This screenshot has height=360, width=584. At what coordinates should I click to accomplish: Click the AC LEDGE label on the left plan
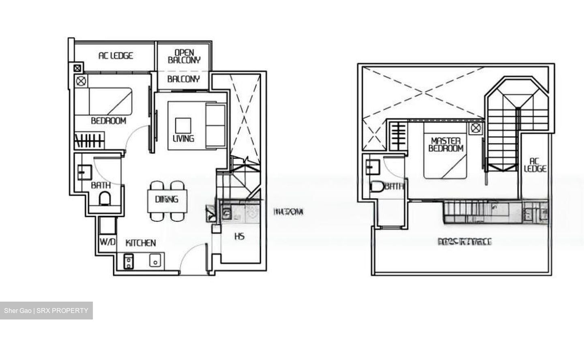point(116,56)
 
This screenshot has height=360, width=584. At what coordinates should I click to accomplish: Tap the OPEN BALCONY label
point(184,56)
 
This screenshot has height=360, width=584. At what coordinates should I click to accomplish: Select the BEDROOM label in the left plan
point(108,120)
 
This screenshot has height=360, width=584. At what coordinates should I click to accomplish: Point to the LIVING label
point(183,138)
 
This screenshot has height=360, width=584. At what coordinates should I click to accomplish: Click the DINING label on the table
point(166,199)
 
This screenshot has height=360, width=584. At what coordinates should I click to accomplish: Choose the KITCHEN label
point(140,243)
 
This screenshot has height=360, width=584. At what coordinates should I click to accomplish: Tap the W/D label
point(107,242)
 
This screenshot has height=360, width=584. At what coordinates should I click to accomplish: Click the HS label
point(239,236)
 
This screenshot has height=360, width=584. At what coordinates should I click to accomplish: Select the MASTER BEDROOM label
point(446,144)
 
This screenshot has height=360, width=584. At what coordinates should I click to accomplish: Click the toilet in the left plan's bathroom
point(105,199)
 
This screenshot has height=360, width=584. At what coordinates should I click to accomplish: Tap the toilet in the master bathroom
point(377,187)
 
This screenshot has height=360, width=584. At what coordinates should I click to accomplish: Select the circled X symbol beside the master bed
point(475,129)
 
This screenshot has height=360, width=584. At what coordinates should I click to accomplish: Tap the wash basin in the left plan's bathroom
point(85,172)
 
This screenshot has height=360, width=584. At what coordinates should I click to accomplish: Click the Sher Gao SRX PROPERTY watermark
point(46,311)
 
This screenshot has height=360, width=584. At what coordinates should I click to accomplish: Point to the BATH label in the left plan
point(101,185)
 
